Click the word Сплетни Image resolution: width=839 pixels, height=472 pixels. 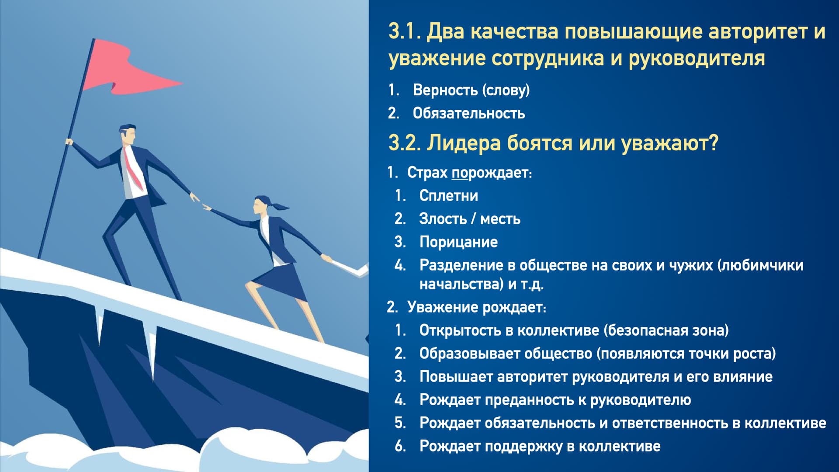pyautogui.click(x=448, y=195)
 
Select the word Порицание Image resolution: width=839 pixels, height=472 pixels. pyautogui.click(x=458, y=242)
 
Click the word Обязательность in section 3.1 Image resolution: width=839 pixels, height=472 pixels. pyautogui.click(x=468, y=113)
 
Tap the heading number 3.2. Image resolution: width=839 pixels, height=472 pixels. pyautogui.click(x=404, y=143)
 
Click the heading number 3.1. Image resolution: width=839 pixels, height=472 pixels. pyautogui.click(x=404, y=31)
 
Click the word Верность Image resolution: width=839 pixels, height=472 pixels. pyautogui.click(x=445, y=90)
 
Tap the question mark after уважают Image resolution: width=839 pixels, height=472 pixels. pyautogui.click(x=714, y=143)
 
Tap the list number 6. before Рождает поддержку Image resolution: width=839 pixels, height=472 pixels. pyautogui.click(x=400, y=446)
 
